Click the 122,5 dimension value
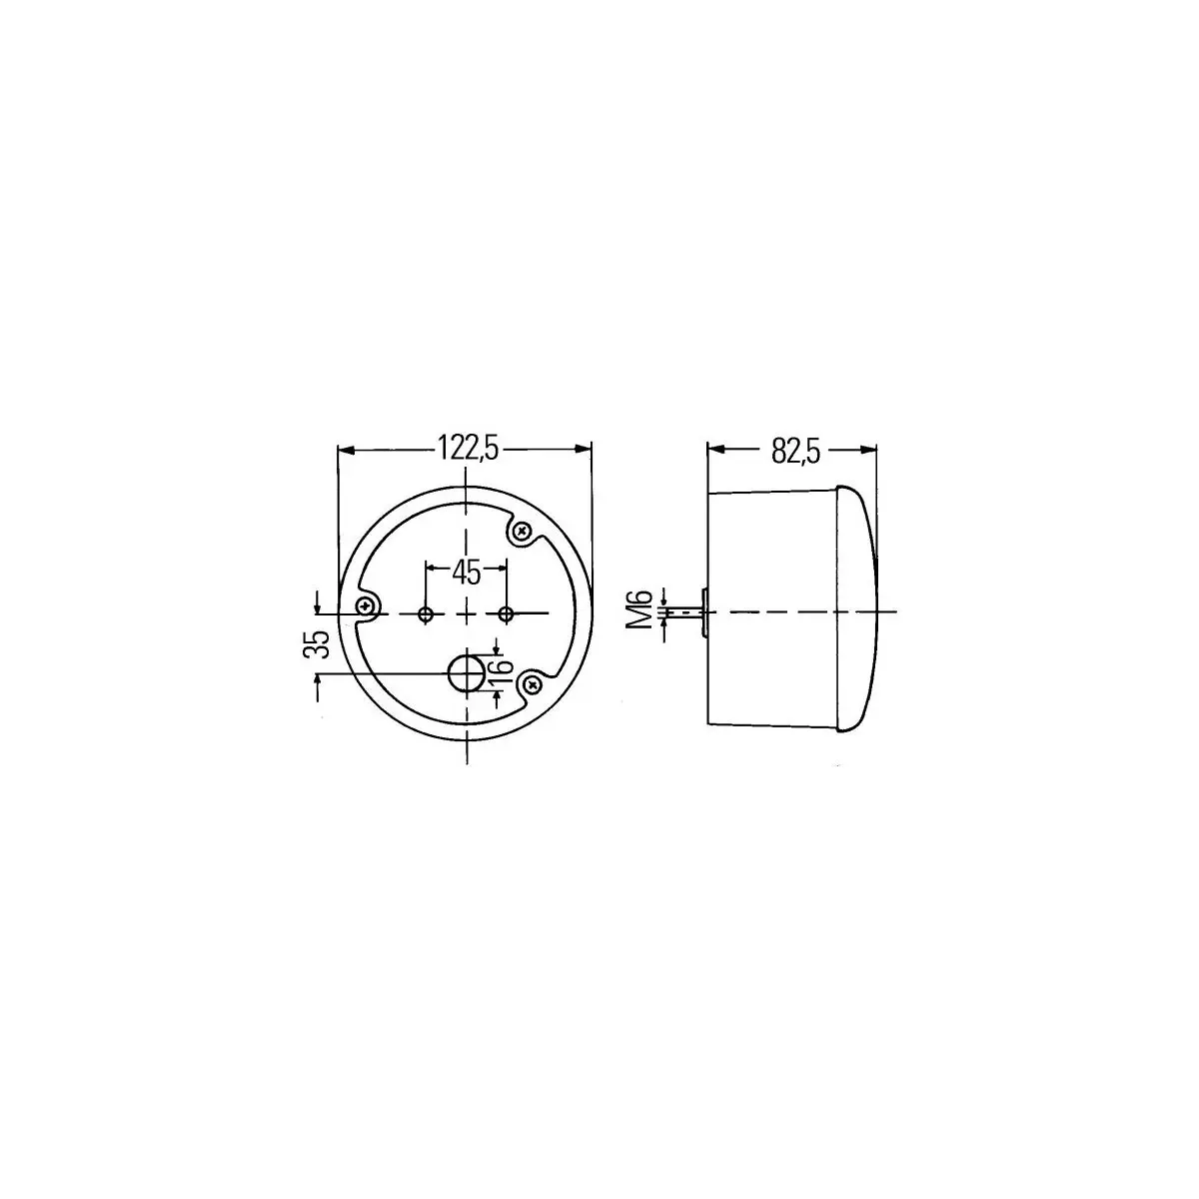468,448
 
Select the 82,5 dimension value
795,451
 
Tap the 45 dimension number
467,573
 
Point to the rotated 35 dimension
316,644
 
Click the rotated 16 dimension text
502,671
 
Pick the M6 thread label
641,609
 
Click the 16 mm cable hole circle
466,672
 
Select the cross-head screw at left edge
365,604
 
